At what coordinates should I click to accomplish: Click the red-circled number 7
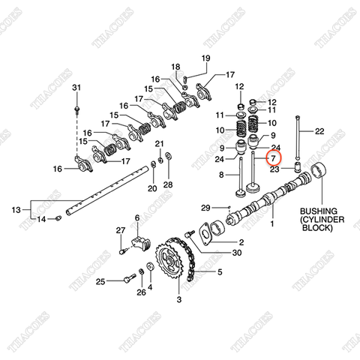[x=273, y=158]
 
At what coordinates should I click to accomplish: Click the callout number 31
[x=75, y=89]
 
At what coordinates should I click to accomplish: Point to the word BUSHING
[x=319, y=212]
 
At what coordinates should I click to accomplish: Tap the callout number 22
[x=319, y=130]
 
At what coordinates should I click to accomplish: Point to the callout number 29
[x=206, y=207]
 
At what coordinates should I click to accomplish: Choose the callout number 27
[x=119, y=229]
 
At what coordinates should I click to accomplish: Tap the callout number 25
[x=100, y=281]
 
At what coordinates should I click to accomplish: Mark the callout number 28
[x=168, y=184]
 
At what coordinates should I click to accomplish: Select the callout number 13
[x=15, y=211]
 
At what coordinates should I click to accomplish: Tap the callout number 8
[x=220, y=175]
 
